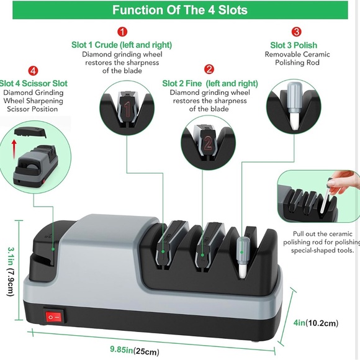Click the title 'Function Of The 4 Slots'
[x=180, y=10]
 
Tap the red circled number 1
[x=123, y=31]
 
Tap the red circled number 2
[x=210, y=69]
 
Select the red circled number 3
[x=296, y=31]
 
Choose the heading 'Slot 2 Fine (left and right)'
[x=210, y=83]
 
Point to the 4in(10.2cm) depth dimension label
[x=316, y=323]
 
